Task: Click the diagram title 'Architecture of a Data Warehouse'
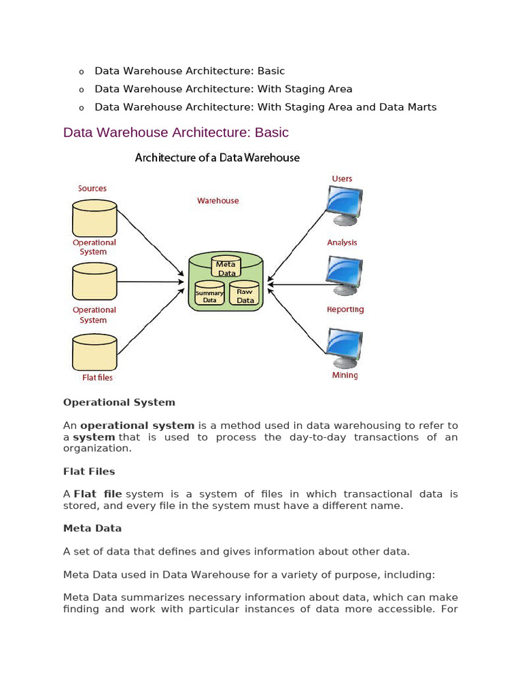tap(217, 158)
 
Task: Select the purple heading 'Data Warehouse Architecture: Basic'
tap(175, 132)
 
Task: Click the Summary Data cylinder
tap(209, 293)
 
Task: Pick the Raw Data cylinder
tap(245, 293)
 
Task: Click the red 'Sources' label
tap(92, 189)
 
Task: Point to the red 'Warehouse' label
tap(217, 201)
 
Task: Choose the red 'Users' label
tap(342, 179)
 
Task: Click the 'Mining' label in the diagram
tap(345, 375)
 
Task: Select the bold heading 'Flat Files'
tap(89, 471)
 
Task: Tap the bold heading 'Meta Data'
tap(92, 528)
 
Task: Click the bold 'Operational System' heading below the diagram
tap(119, 402)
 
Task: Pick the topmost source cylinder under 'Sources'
tap(94, 218)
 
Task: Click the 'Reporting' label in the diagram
tap(345, 309)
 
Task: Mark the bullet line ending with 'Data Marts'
tap(265, 107)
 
